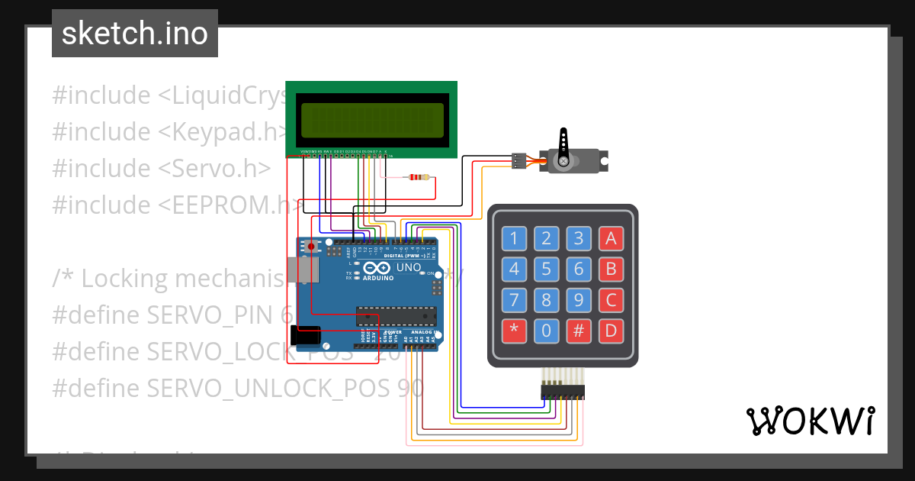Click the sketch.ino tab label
click(x=134, y=34)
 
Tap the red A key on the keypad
click(x=610, y=239)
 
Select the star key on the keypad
click(x=514, y=331)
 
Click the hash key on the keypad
click(x=579, y=331)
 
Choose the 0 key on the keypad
click(x=546, y=331)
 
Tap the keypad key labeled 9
click(x=579, y=300)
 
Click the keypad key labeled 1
click(x=514, y=239)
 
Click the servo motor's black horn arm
click(x=563, y=144)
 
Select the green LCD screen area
click(x=372, y=120)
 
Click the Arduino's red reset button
click(x=311, y=246)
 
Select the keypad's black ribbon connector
click(x=563, y=392)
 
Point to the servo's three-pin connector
click(x=518, y=160)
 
